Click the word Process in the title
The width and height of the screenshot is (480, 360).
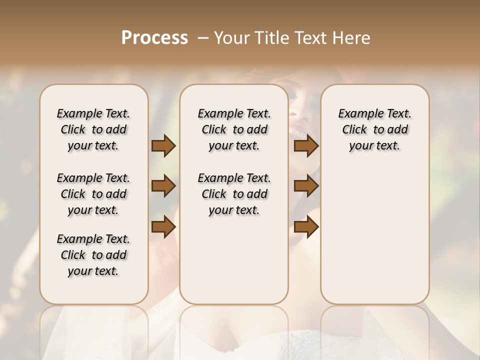tap(154, 37)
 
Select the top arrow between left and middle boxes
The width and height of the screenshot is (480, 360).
tap(163, 146)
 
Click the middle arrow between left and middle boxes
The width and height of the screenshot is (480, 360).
tap(163, 186)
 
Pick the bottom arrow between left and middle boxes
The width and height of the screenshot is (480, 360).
tap(163, 227)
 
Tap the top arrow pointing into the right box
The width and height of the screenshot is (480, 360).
tap(306, 146)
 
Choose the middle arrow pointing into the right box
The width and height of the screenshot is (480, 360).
tap(306, 186)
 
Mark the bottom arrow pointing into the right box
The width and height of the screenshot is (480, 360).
tap(306, 227)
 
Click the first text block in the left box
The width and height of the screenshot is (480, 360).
tap(93, 129)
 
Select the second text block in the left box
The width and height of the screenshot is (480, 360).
tap(93, 194)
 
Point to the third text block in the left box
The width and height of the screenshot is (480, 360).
tap(93, 255)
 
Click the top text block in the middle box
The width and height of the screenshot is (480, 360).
tap(234, 129)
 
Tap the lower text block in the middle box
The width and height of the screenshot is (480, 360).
tap(234, 194)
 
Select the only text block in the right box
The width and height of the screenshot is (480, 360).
tap(374, 129)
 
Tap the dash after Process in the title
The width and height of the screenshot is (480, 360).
tap(203, 38)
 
